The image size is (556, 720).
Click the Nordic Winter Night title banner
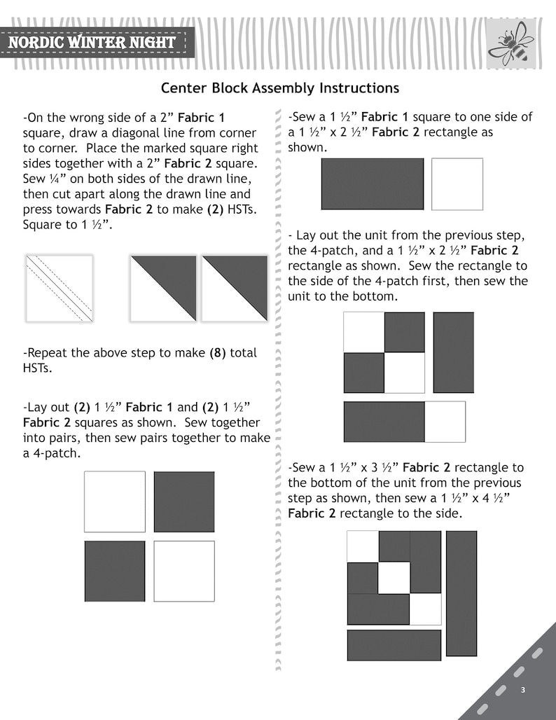[x=94, y=43]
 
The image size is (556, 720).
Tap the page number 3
[x=522, y=690]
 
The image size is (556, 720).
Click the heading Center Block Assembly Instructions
[x=279, y=88]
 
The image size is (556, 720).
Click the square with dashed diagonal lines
[x=60, y=289]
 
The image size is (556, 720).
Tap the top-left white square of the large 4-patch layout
[x=115, y=501]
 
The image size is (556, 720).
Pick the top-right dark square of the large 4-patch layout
[x=184, y=501]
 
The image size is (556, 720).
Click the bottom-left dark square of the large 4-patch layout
[x=115, y=572]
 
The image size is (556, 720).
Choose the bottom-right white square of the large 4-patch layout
[x=184, y=572]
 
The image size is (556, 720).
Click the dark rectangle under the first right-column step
[x=373, y=184]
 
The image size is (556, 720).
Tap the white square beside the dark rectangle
[x=457, y=184]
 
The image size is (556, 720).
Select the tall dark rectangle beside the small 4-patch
[x=454, y=353]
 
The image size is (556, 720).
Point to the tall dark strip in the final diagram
[x=461, y=593]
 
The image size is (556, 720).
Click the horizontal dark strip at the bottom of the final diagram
[x=394, y=645]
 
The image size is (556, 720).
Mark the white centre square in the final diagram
[x=394, y=578]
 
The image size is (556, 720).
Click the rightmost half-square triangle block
[x=235, y=289]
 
